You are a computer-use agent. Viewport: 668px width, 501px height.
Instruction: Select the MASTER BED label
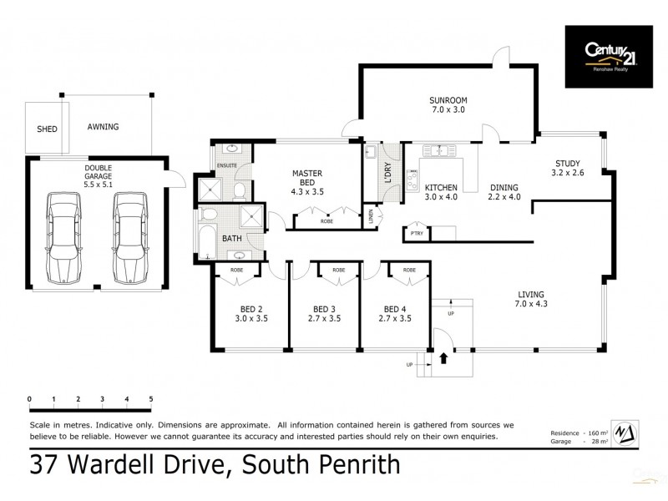(306, 179)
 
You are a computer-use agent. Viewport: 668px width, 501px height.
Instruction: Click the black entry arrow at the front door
(443, 357)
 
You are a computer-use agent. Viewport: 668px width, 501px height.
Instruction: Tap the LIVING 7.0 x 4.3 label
(530, 300)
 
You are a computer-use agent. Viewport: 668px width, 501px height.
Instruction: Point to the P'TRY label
(417, 233)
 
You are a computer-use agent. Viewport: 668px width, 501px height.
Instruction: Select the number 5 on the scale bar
(151, 398)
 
